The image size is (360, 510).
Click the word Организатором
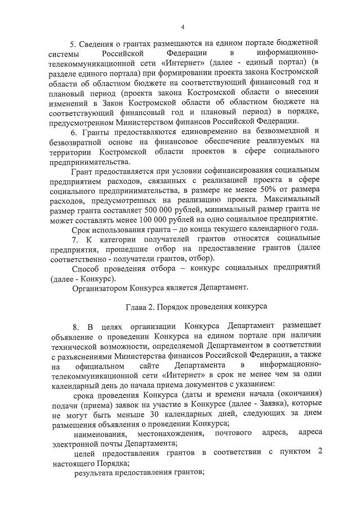coord(100,287)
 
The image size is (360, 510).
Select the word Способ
coord(88,267)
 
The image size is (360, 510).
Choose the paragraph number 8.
coord(75,327)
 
